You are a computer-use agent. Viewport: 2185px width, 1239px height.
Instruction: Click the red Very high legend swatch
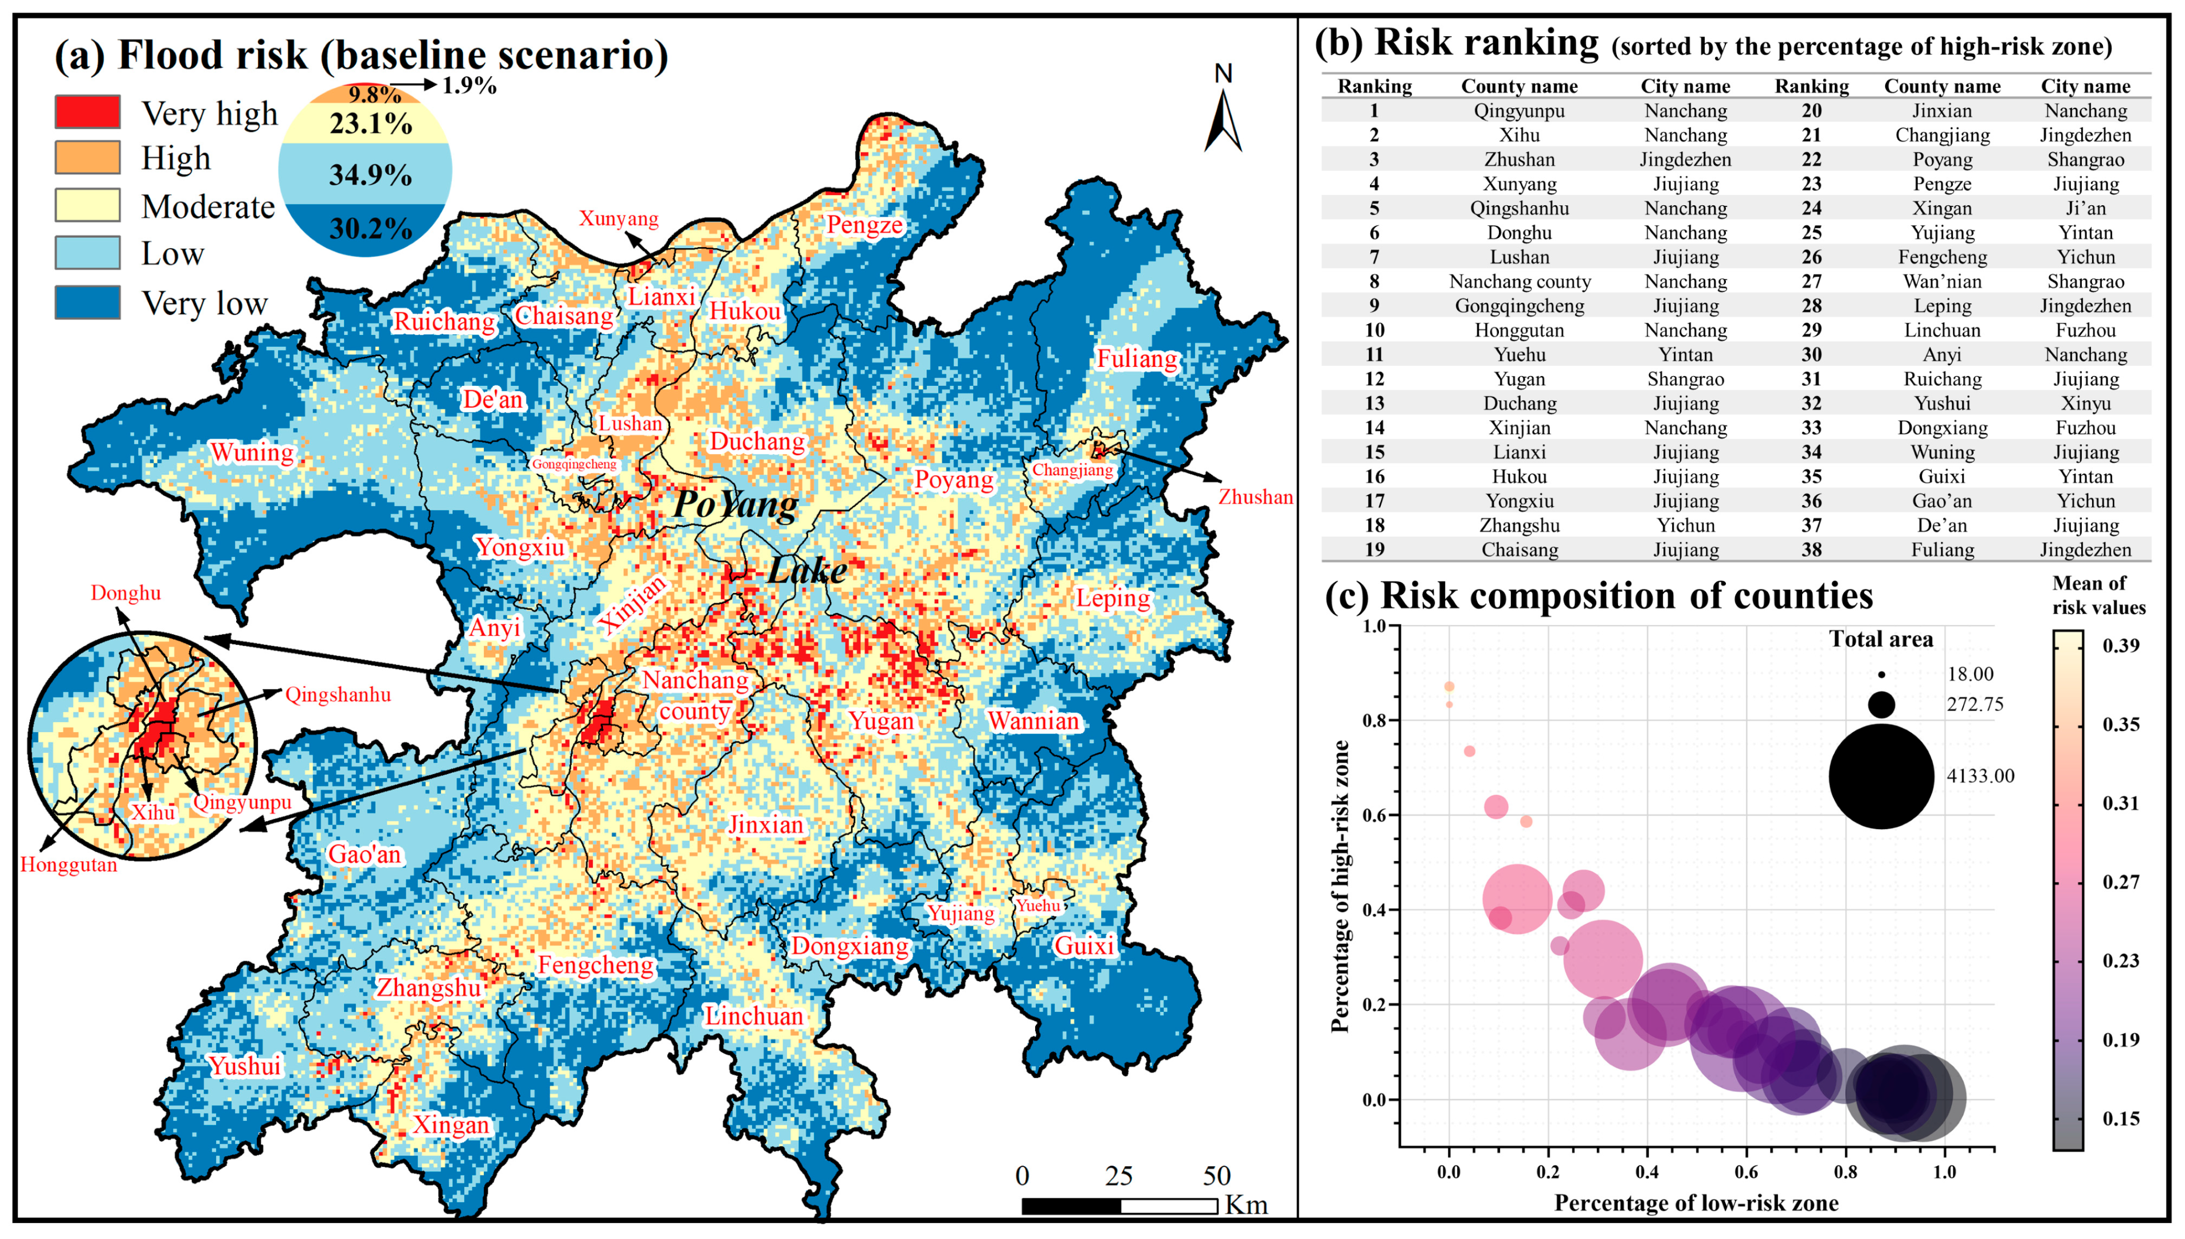click(88, 111)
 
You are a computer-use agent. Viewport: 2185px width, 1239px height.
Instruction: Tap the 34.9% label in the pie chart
click(370, 175)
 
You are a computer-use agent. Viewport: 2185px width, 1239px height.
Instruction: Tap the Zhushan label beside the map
click(1255, 497)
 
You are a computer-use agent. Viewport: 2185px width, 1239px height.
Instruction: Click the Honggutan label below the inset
click(68, 865)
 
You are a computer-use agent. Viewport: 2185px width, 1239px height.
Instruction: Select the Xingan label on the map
click(451, 1125)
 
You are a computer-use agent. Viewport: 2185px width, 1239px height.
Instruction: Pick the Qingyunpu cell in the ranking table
click(1519, 111)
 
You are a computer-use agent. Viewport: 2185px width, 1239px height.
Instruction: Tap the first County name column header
click(1519, 86)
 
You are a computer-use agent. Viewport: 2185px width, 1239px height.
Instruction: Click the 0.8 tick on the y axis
click(1375, 721)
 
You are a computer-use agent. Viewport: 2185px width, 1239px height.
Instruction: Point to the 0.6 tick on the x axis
click(1746, 1172)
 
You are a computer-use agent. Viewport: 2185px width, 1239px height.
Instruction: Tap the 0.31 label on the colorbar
click(2120, 803)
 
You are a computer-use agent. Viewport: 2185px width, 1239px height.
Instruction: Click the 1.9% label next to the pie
click(469, 85)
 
